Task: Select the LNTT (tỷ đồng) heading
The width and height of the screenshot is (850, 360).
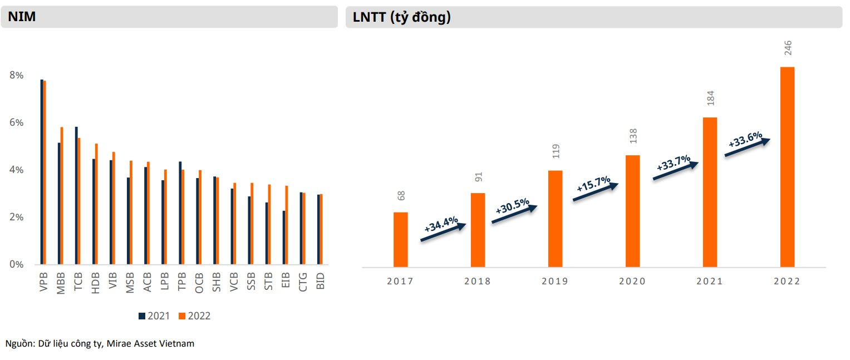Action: pyautogui.click(x=401, y=17)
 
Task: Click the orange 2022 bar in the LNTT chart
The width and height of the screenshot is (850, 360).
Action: pyautogui.click(x=787, y=167)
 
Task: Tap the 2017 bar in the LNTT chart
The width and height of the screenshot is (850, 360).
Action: pyautogui.click(x=400, y=239)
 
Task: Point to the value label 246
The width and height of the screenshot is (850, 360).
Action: pyautogui.click(x=788, y=48)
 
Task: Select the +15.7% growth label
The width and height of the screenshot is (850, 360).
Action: pyautogui.click(x=593, y=185)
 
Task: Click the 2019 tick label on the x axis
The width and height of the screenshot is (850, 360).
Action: pyautogui.click(x=555, y=282)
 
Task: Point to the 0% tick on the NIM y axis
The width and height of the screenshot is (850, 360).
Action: pyautogui.click(x=16, y=264)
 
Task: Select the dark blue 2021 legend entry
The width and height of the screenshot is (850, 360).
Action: pyautogui.click(x=154, y=316)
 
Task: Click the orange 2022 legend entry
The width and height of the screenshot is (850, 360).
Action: pyautogui.click(x=195, y=316)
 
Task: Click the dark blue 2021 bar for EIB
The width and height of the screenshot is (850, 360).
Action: pyautogui.click(x=284, y=238)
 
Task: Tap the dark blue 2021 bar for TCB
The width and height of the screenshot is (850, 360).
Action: pyautogui.click(x=76, y=195)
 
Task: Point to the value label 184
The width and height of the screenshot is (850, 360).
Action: pyautogui.click(x=710, y=98)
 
